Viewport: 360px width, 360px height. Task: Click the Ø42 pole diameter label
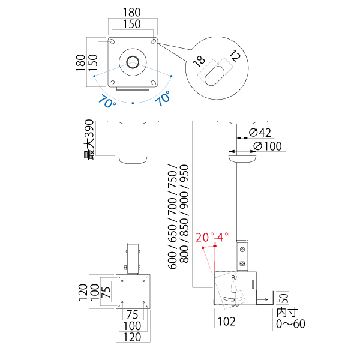pyautogui.click(x=260, y=133)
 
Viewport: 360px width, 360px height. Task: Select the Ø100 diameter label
pyautogui.click(x=268, y=146)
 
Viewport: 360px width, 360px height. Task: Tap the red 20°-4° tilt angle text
pyautogui.click(x=212, y=237)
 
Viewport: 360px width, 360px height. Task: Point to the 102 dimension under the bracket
pyautogui.click(x=227, y=322)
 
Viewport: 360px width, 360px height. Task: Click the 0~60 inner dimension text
pyautogui.click(x=290, y=324)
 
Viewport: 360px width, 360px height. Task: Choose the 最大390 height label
pyautogui.click(x=89, y=140)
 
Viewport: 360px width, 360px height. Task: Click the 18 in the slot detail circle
pyautogui.click(x=199, y=61)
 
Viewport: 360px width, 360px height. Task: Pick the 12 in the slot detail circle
pyautogui.click(x=235, y=56)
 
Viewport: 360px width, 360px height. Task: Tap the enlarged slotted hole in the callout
pyautogui.click(x=214, y=76)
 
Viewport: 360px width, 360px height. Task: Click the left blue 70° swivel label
pyautogui.click(x=107, y=101)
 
